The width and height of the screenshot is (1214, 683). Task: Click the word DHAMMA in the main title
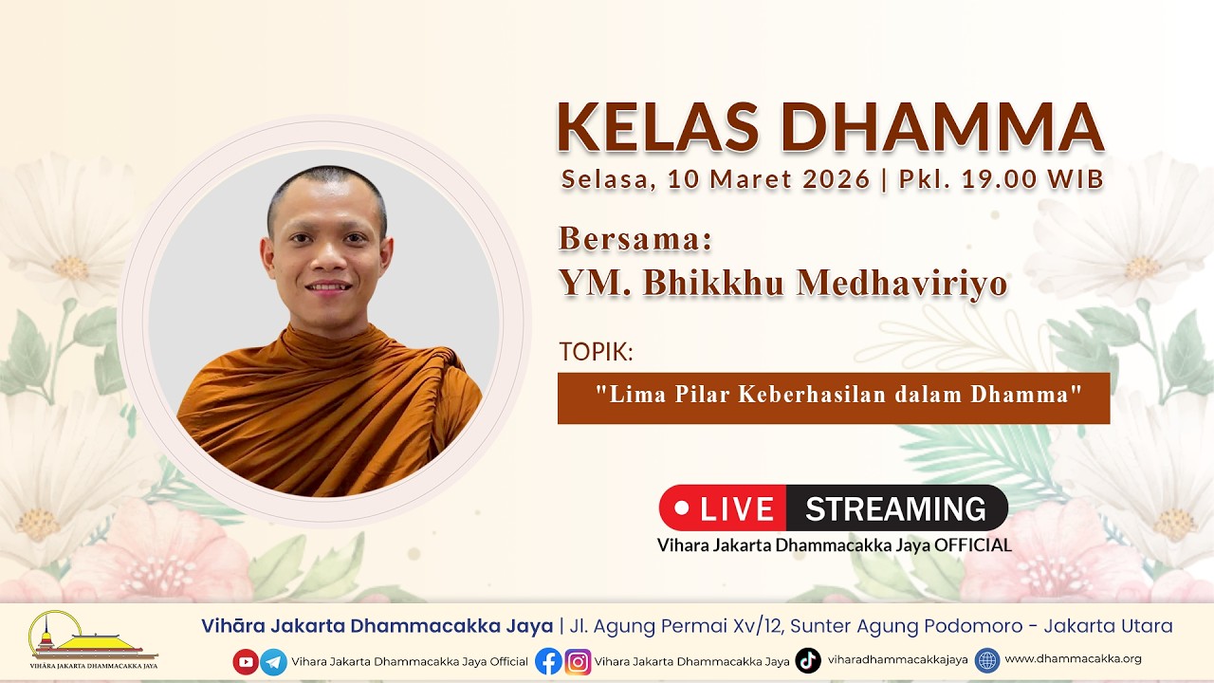(x=943, y=127)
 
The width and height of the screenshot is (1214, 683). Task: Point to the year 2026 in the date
(x=837, y=179)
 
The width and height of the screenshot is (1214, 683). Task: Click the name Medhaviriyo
(x=902, y=283)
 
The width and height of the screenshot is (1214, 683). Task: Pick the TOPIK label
(x=596, y=352)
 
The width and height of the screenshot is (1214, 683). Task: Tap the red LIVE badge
(x=723, y=508)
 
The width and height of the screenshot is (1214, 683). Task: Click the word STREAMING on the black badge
(x=895, y=508)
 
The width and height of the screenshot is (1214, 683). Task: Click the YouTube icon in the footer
(x=246, y=661)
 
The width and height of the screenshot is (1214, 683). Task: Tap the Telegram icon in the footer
(x=274, y=662)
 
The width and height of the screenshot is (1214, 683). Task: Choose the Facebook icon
(x=548, y=661)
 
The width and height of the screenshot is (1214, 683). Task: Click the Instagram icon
(x=578, y=662)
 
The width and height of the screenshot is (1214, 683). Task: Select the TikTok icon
(x=808, y=660)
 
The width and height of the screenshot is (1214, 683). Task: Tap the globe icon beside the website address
(x=987, y=660)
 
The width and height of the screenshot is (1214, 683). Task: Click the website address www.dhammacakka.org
(x=1073, y=658)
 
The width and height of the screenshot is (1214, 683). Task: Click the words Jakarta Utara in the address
(x=1109, y=626)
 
